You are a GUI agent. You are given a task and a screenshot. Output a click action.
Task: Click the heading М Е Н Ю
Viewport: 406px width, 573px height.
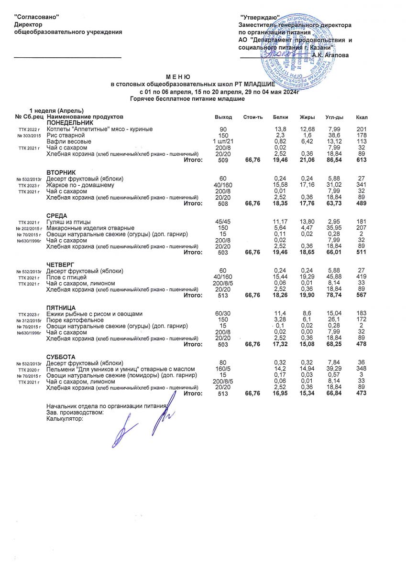tap(178, 77)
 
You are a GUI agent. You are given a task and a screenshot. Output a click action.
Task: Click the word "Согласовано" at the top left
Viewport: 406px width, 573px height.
tap(37, 17)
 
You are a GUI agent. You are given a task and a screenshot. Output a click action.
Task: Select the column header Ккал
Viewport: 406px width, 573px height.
tap(362, 117)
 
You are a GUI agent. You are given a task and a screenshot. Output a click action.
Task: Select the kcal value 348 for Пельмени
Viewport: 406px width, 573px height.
tap(362, 369)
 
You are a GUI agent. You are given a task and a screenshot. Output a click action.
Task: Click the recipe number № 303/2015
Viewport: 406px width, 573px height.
tap(30, 136)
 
